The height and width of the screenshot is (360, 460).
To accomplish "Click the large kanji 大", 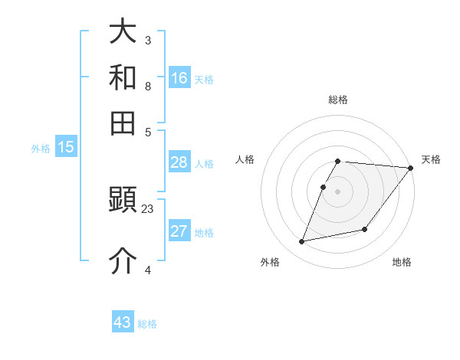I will (x=123, y=33).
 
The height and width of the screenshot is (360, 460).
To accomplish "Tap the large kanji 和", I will (x=123, y=78).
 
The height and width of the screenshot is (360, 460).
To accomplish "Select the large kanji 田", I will (x=123, y=123).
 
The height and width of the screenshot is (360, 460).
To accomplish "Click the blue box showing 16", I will (x=179, y=78).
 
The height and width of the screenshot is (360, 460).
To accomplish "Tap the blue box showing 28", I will (x=179, y=162).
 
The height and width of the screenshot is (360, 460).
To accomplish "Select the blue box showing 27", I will (x=179, y=231).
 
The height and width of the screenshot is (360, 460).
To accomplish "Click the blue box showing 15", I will (x=66, y=148).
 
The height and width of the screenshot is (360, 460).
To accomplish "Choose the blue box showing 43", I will (x=123, y=322).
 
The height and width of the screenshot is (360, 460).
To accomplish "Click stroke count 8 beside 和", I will (x=148, y=86).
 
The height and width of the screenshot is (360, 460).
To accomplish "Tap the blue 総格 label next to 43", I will (x=147, y=324).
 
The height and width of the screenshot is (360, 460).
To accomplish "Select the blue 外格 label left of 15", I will (x=41, y=149).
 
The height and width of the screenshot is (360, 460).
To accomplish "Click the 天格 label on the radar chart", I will (x=431, y=159).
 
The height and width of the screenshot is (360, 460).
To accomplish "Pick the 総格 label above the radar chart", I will (x=338, y=100).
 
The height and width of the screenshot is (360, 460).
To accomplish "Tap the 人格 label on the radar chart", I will (x=245, y=159).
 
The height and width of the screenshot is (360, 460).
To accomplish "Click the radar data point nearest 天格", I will (x=410, y=169).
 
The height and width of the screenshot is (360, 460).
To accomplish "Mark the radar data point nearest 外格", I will (x=302, y=242).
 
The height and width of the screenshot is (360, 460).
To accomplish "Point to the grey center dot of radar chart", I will (x=338, y=191).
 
